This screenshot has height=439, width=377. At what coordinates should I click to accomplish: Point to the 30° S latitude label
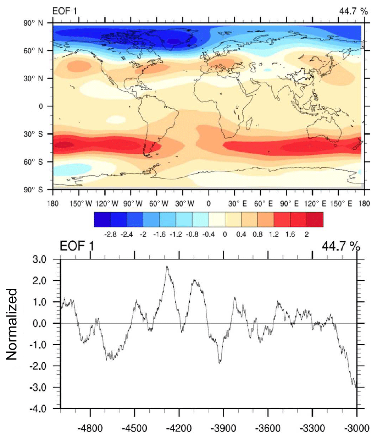[33, 134]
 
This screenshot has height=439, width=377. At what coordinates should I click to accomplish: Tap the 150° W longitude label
[81, 204]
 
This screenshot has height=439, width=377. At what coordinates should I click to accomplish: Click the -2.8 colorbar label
[111, 235]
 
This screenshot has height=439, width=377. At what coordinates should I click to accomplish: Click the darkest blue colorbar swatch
[102, 219]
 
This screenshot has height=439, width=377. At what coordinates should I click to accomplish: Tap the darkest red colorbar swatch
[315, 219]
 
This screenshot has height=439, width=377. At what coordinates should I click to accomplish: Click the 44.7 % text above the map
[353, 11]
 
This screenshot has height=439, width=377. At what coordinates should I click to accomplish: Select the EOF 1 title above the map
[65, 11]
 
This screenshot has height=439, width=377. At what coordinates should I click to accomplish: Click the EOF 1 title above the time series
[77, 246]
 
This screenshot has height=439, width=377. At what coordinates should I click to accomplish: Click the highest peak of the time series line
[167, 267]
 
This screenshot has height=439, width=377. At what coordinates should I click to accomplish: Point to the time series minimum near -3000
[356, 388]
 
